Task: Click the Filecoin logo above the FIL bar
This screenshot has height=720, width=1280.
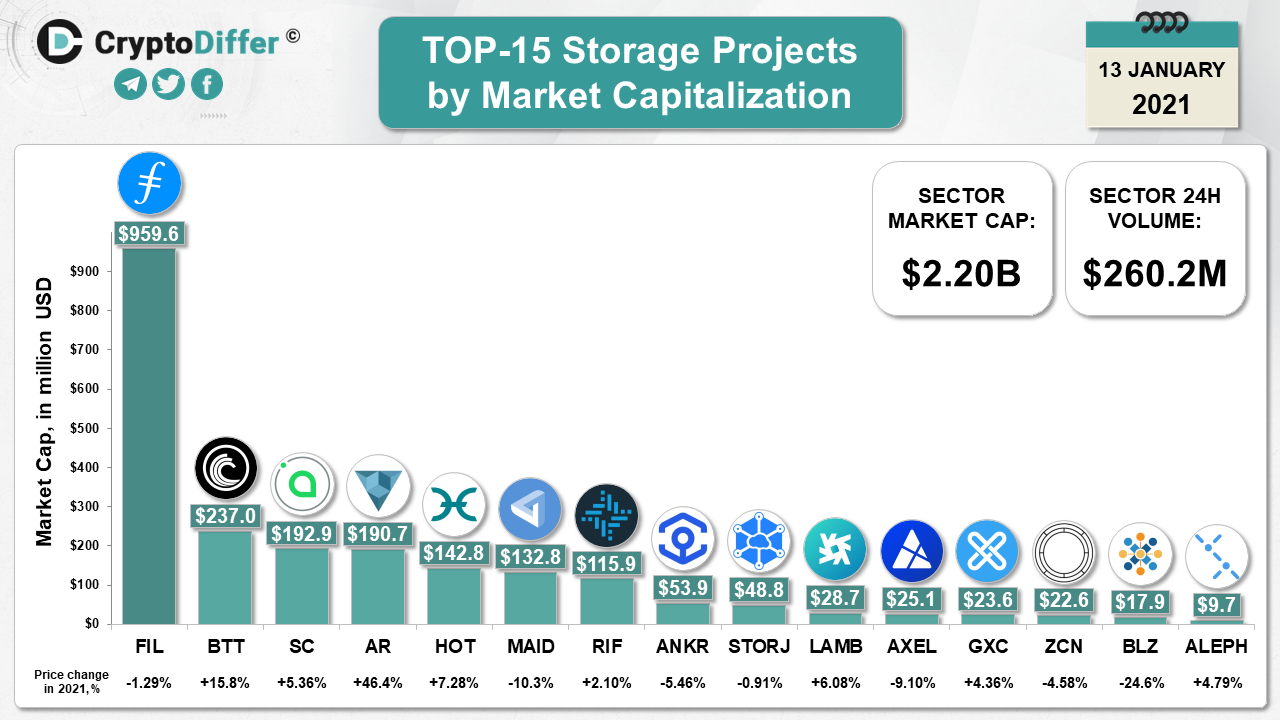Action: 149,184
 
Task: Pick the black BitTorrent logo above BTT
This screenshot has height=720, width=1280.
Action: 225,468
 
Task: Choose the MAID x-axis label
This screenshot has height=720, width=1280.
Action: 530,646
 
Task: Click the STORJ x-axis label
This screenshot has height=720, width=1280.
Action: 760,646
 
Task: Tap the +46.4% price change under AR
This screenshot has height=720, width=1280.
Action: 378,683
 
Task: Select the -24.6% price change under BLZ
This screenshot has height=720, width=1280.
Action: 1140,683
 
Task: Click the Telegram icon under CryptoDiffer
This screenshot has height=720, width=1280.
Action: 130,84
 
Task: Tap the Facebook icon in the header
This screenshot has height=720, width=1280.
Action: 207,84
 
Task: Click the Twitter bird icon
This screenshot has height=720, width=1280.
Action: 168,84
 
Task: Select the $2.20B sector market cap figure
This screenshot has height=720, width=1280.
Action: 961,273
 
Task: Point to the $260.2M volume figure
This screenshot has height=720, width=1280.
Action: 1155,273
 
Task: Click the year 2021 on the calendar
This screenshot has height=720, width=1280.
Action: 1161,103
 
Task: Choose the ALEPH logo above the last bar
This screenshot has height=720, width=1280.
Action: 1216,556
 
